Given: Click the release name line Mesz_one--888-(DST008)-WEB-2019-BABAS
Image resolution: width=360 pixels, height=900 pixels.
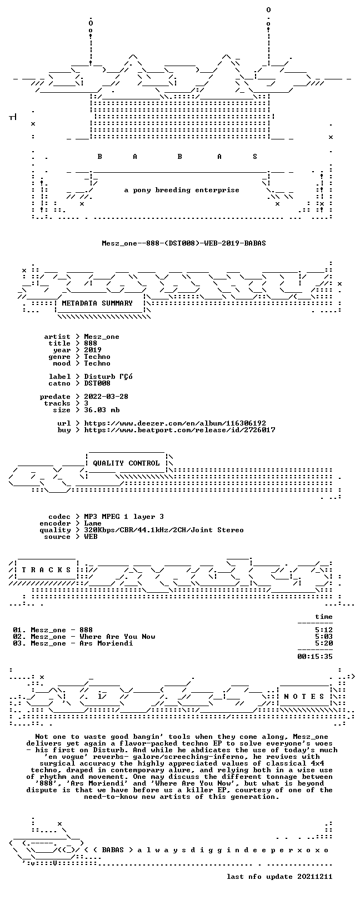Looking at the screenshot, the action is coord(184,243).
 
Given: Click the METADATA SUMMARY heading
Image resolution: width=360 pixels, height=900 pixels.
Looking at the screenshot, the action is coord(97,303).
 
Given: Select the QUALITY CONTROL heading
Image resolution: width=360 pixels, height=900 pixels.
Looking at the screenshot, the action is coord(126,463).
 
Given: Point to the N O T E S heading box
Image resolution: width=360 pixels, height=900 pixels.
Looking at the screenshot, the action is coord(304,696).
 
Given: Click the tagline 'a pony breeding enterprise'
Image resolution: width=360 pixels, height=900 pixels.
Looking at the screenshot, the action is coord(182,190).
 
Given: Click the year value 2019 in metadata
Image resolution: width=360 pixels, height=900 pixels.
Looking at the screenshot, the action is coord(93,350).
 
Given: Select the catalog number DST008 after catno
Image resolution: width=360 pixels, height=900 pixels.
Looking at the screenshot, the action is coord(97,383).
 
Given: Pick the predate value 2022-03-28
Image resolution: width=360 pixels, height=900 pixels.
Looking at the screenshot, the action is coord(106,397).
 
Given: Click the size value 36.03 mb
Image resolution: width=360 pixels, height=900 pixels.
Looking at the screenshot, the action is coord(102,410).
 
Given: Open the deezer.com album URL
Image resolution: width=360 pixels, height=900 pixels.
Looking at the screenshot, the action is coord(175,423).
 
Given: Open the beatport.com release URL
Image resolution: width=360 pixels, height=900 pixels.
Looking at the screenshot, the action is coord(179,430).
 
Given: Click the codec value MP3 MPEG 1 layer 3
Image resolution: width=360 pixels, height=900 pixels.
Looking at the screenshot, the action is coord(124,517).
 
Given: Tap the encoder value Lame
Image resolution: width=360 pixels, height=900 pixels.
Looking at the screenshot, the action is coord(93,523).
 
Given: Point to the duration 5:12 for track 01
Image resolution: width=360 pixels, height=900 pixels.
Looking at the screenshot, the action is coord(324,630).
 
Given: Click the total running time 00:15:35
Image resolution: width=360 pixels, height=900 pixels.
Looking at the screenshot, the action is coord(315,657).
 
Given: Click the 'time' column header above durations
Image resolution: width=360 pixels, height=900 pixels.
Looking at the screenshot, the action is coord(324,617).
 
